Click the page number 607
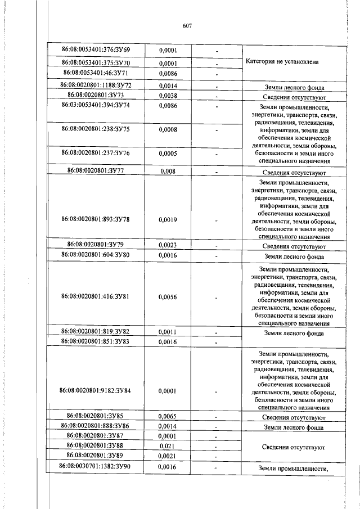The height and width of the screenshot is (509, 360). click(188, 25)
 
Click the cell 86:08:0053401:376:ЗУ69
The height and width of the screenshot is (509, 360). click(96, 50)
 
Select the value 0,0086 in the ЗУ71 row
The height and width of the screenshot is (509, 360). click(168, 73)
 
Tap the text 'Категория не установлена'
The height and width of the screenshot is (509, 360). click(283, 62)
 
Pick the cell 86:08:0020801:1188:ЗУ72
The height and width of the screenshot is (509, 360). click(95, 85)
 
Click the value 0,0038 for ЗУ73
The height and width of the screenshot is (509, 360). click(168, 96)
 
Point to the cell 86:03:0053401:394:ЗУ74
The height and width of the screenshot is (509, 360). click(95, 105)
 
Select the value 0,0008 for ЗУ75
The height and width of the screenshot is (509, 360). click(168, 129)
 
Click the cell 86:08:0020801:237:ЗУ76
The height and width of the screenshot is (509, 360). click(95, 153)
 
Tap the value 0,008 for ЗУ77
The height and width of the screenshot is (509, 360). click(168, 170)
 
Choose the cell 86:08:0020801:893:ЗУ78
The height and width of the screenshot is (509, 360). click(95, 219)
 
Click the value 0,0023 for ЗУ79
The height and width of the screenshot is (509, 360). click(168, 245)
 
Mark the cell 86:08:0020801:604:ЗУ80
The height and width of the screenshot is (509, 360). click(95, 255)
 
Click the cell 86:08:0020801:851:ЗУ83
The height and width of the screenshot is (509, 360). click(95, 341)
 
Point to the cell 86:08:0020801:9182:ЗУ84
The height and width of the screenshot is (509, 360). click(95, 390)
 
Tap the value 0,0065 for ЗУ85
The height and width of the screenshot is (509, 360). click(168, 417)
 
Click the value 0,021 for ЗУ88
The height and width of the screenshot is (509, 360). click(168, 445)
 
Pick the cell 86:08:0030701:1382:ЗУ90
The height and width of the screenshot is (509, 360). click(95, 467)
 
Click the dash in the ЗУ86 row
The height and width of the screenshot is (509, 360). click(217, 427)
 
